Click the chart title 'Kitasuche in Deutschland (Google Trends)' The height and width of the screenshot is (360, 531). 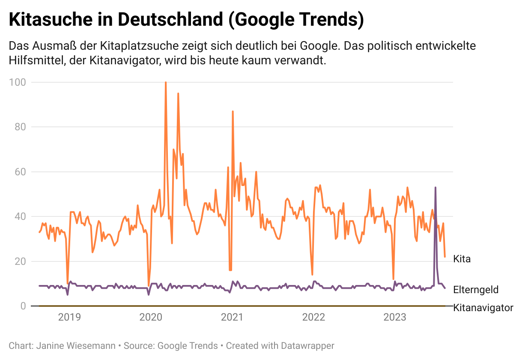click(x=186, y=20)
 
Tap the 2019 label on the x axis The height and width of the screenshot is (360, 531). click(x=69, y=318)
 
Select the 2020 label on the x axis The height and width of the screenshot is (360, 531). click(x=151, y=318)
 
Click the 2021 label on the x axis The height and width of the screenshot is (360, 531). click(x=232, y=318)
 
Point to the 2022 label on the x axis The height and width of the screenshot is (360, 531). click(x=313, y=318)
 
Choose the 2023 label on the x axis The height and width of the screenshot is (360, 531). click(x=395, y=318)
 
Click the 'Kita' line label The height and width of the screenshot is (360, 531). click(x=462, y=259)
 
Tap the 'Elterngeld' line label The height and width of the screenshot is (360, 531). click(x=476, y=290)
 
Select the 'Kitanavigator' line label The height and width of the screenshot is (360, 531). click(x=483, y=308)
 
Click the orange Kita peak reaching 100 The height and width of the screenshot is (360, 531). click(x=166, y=82)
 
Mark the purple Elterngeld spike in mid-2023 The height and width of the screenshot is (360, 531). click(x=436, y=188)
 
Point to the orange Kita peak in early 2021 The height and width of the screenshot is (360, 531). click(x=233, y=111)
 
